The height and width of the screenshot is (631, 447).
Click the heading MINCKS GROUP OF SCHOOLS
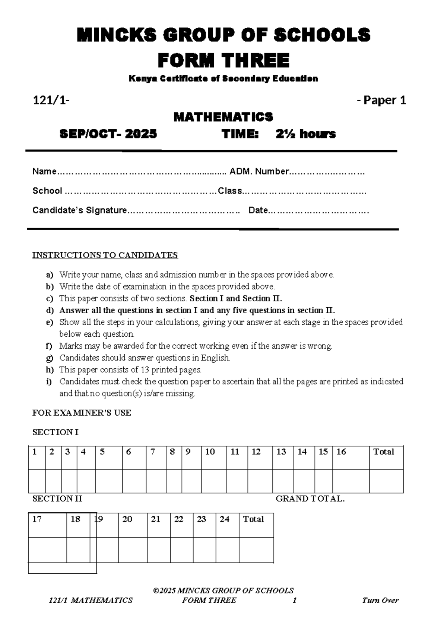click(x=223, y=35)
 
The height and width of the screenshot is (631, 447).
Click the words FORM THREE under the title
click(x=223, y=60)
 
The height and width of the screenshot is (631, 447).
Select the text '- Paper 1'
click(x=381, y=100)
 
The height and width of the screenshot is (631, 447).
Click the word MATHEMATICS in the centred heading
click(x=223, y=117)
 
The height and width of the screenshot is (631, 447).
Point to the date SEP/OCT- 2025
click(x=108, y=134)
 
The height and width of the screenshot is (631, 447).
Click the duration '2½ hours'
click(x=305, y=134)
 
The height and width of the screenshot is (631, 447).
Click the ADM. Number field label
click(x=259, y=172)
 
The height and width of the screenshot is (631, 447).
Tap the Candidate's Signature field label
click(x=79, y=210)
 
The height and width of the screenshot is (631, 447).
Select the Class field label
click(x=230, y=191)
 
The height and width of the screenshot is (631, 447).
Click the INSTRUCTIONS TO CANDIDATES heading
click(x=105, y=255)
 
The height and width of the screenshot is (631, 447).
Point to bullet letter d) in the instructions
click(x=50, y=311)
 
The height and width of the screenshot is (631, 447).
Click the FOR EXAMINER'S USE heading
click(x=82, y=413)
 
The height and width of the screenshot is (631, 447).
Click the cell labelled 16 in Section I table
click(x=341, y=452)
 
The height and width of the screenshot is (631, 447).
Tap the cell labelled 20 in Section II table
click(x=127, y=519)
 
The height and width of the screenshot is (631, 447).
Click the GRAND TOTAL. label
click(x=310, y=499)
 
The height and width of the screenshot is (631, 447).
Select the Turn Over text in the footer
click(x=380, y=600)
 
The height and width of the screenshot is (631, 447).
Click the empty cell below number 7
click(x=156, y=481)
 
